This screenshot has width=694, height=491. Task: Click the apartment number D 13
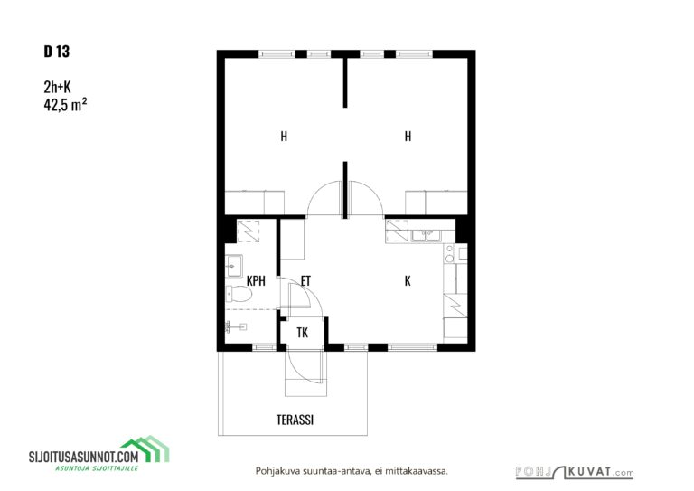(x=57, y=52)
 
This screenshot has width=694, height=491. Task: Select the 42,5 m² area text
(x=65, y=105)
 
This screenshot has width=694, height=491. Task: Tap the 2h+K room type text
(x=57, y=87)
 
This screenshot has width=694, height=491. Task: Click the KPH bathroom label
(x=256, y=280)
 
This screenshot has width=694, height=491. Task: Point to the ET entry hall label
(x=305, y=280)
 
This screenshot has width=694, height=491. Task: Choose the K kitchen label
(x=408, y=280)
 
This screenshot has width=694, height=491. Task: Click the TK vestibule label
(x=303, y=333)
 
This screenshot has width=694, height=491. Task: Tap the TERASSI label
(x=295, y=420)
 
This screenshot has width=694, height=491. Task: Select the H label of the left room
(x=284, y=136)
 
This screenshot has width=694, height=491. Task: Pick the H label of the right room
(x=408, y=136)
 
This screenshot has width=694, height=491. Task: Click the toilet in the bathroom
(x=239, y=293)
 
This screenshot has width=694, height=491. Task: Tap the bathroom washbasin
(x=234, y=266)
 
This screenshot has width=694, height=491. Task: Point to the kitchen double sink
(x=427, y=235)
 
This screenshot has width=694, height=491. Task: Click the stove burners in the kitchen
(x=449, y=253)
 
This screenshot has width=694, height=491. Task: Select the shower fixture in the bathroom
(x=236, y=327)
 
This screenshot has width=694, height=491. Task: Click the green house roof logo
(x=145, y=449)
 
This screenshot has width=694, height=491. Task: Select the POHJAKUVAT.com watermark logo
(x=575, y=472)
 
